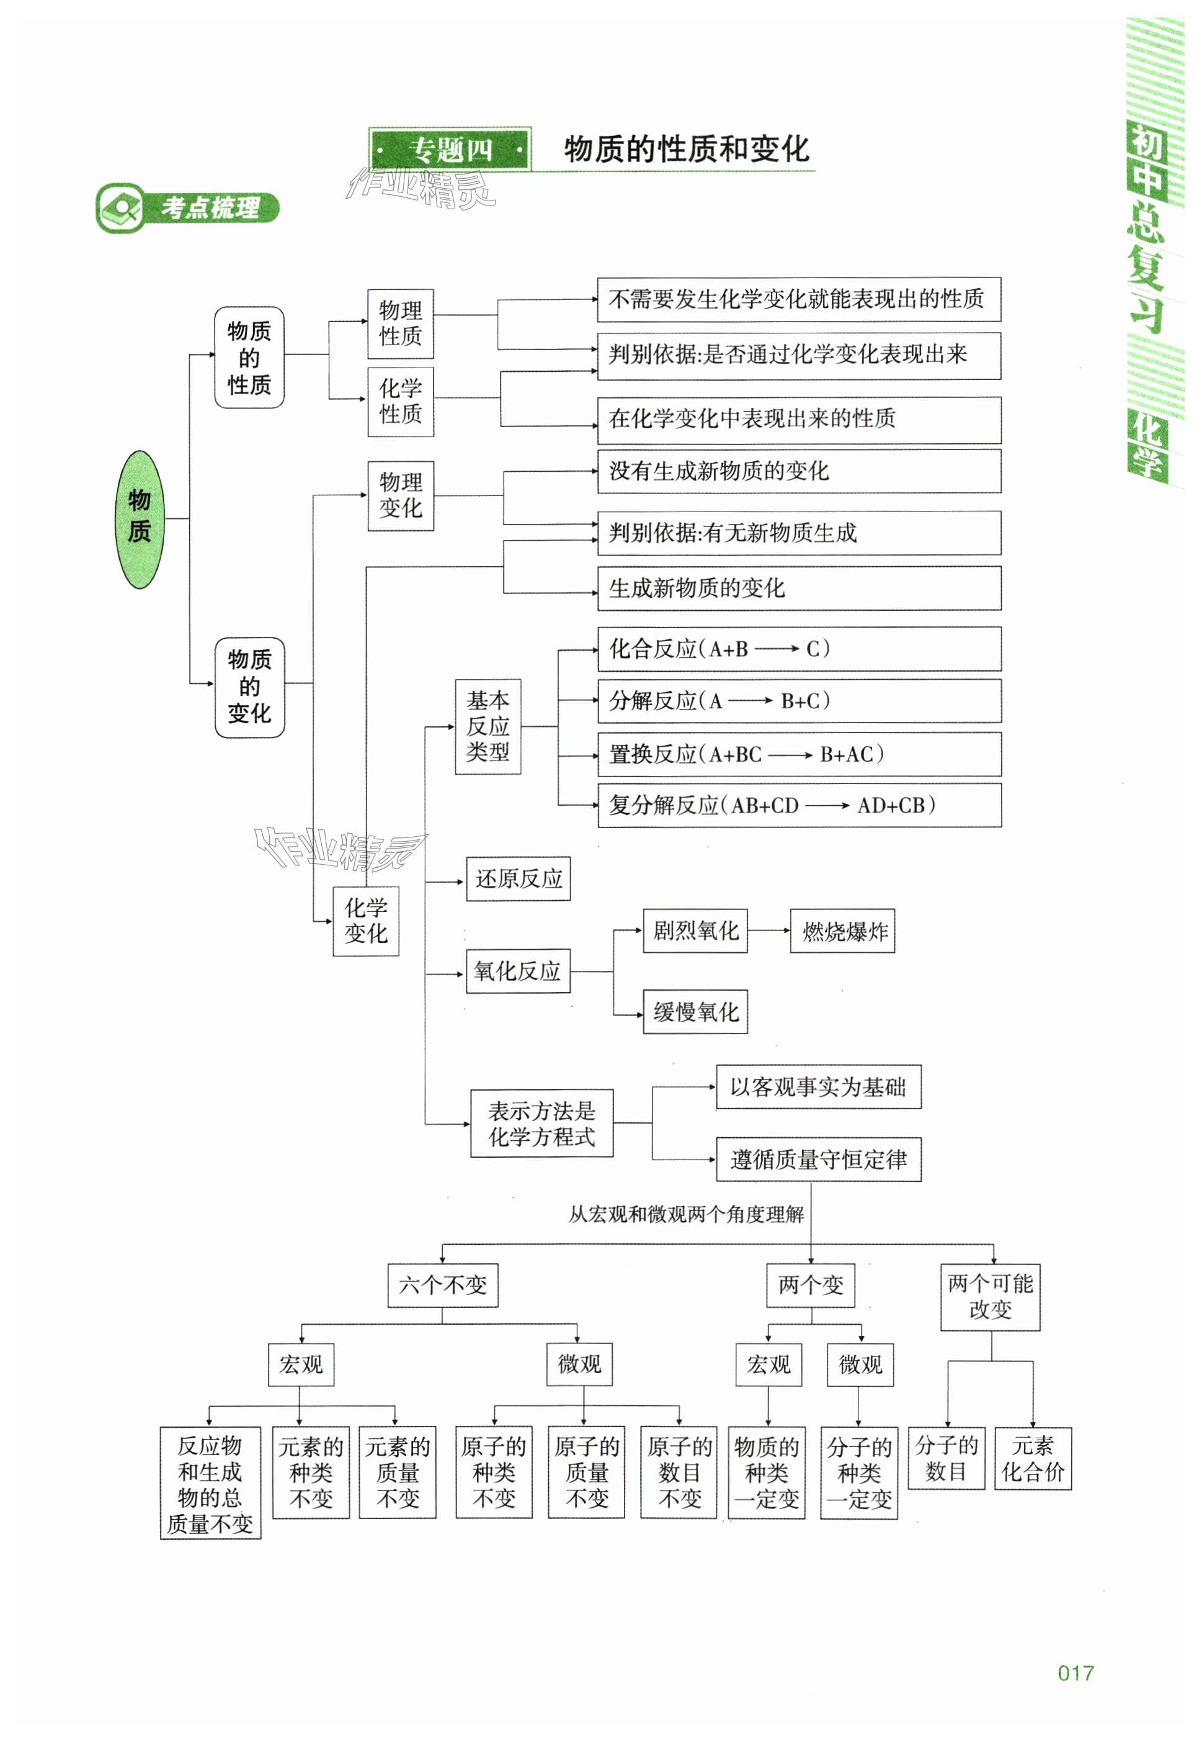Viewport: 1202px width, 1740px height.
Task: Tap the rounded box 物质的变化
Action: coord(249,687)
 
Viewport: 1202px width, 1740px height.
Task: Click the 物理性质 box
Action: coord(401,323)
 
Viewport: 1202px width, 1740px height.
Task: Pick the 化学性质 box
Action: coord(401,401)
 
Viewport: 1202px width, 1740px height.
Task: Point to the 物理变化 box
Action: coord(401,495)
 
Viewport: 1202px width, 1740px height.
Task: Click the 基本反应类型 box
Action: coord(488,726)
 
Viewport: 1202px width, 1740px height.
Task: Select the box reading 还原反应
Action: coord(518,878)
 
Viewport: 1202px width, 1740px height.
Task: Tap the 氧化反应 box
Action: coord(518,971)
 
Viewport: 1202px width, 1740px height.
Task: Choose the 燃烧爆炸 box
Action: coord(842,931)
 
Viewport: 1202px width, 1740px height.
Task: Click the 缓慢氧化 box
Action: coord(695,1011)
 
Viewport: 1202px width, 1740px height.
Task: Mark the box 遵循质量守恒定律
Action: coord(818,1159)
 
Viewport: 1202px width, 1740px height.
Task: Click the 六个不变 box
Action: coord(443,1285)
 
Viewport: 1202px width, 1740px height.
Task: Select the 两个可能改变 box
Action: coord(991,1296)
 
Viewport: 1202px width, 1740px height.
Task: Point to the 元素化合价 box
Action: coord(1033,1458)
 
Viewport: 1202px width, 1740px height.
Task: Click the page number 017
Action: coord(1075,1673)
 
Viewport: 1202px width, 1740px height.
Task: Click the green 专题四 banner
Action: coord(450,149)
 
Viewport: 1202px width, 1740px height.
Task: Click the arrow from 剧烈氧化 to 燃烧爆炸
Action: coord(769,931)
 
